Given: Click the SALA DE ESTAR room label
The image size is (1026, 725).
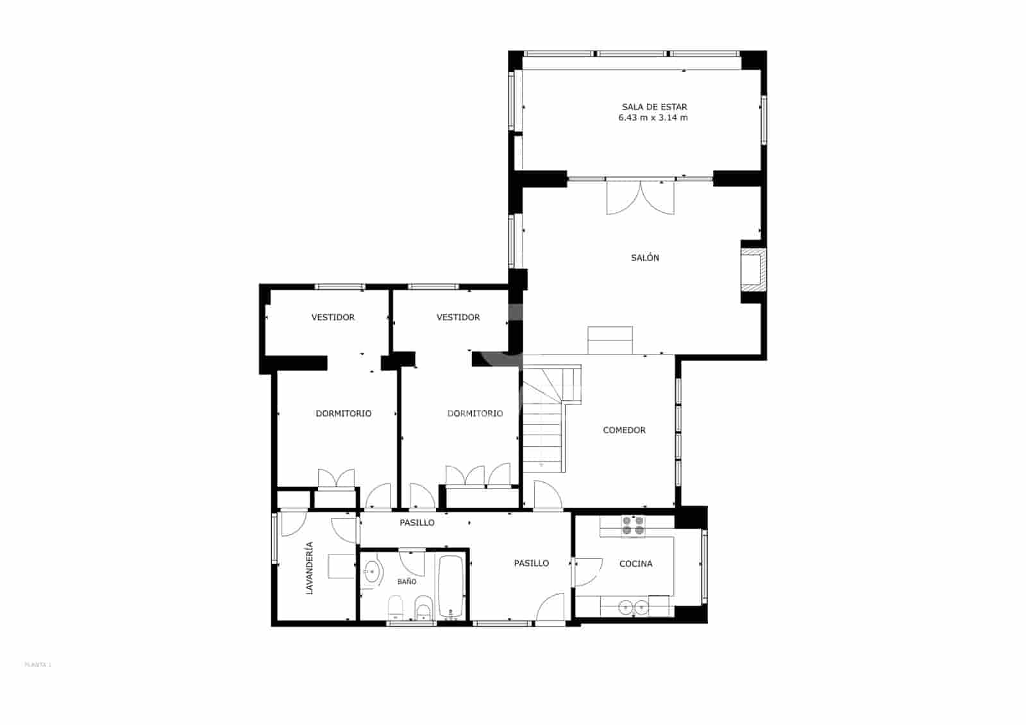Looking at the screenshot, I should tap(654, 107).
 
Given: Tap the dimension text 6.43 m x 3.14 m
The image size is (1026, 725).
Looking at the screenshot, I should tap(653, 118).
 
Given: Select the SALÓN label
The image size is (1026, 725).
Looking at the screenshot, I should tap(644, 258).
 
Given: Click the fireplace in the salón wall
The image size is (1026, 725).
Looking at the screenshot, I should tap(752, 270).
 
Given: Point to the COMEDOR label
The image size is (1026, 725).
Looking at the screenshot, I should tap(624, 430).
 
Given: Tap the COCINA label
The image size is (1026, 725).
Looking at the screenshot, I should tap(635, 564).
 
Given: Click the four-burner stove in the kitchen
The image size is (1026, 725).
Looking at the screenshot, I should tap(632, 526).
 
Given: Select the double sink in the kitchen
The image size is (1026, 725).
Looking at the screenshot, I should tap(632, 606).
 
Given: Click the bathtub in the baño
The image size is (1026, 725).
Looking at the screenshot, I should tap(451, 585).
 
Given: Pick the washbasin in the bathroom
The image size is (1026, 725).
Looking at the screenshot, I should tap(371, 570).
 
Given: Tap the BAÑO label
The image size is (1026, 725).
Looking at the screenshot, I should tap(407, 581).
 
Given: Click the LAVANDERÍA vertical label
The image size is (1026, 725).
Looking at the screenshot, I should tap(309, 568).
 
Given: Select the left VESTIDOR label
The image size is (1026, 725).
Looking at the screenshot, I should tap(333, 317).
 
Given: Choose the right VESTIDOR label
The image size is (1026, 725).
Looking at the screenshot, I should tap(458, 317).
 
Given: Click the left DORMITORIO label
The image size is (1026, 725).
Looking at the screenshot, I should tap(343, 413).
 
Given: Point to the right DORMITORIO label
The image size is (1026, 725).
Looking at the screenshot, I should tap(475, 413).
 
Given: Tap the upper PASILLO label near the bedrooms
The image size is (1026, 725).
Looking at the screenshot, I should tap(417, 522).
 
